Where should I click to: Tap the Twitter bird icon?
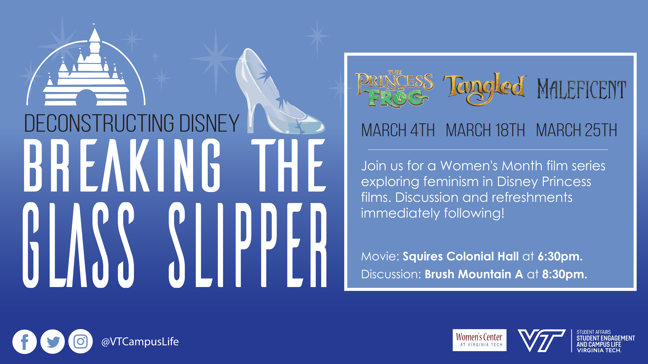tap(53, 342)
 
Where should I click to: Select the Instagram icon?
tap(81, 342)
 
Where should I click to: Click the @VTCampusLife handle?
tap(140, 342)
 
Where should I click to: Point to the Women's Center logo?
tap(479, 340)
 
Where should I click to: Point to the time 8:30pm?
tap(564, 274)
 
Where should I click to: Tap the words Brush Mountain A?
tap(474, 274)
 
